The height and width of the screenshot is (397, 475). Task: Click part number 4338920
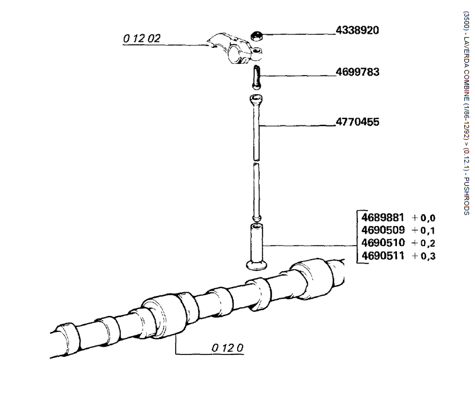(x=357, y=30)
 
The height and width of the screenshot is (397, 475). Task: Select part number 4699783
(x=357, y=72)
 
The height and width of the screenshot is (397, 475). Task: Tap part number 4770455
(x=357, y=122)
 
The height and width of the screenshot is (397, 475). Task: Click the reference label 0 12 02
(x=142, y=39)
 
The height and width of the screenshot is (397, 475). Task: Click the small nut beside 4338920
(x=257, y=34)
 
